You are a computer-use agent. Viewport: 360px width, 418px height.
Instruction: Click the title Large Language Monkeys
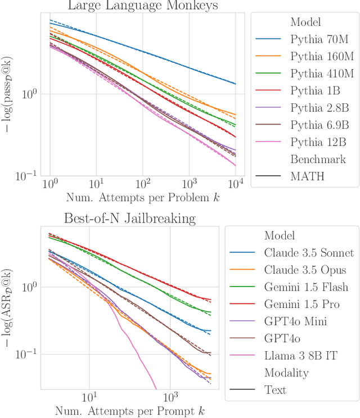[142, 6]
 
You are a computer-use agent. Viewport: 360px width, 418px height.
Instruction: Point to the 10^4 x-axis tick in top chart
[235, 184]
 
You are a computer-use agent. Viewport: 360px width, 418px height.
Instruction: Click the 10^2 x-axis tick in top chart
[143, 184]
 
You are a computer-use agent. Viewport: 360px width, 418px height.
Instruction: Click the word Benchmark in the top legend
[317, 159]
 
